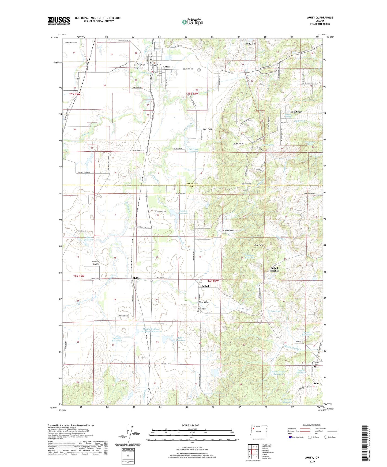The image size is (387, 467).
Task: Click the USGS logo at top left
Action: click(x=59, y=20)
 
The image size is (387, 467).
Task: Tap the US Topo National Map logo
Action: click(x=192, y=22)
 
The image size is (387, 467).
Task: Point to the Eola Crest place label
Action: click(x=296, y=112)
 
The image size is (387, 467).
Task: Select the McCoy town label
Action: click(x=136, y=278)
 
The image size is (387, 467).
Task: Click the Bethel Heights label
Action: click(x=274, y=269)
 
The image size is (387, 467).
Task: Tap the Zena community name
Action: click(x=316, y=384)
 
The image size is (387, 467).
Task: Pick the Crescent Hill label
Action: click(x=161, y=212)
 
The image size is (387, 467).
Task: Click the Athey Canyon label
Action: click(x=228, y=230)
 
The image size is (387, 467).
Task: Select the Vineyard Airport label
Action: click(x=96, y=263)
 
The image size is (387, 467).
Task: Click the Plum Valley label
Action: click(x=204, y=302)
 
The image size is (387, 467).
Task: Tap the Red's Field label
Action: click(x=207, y=129)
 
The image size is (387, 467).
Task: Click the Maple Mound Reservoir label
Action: click(x=279, y=373)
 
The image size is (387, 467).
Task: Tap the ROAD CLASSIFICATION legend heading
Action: click(x=312, y=425)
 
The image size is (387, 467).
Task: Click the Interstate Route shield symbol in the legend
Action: click(x=290, y=437)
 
